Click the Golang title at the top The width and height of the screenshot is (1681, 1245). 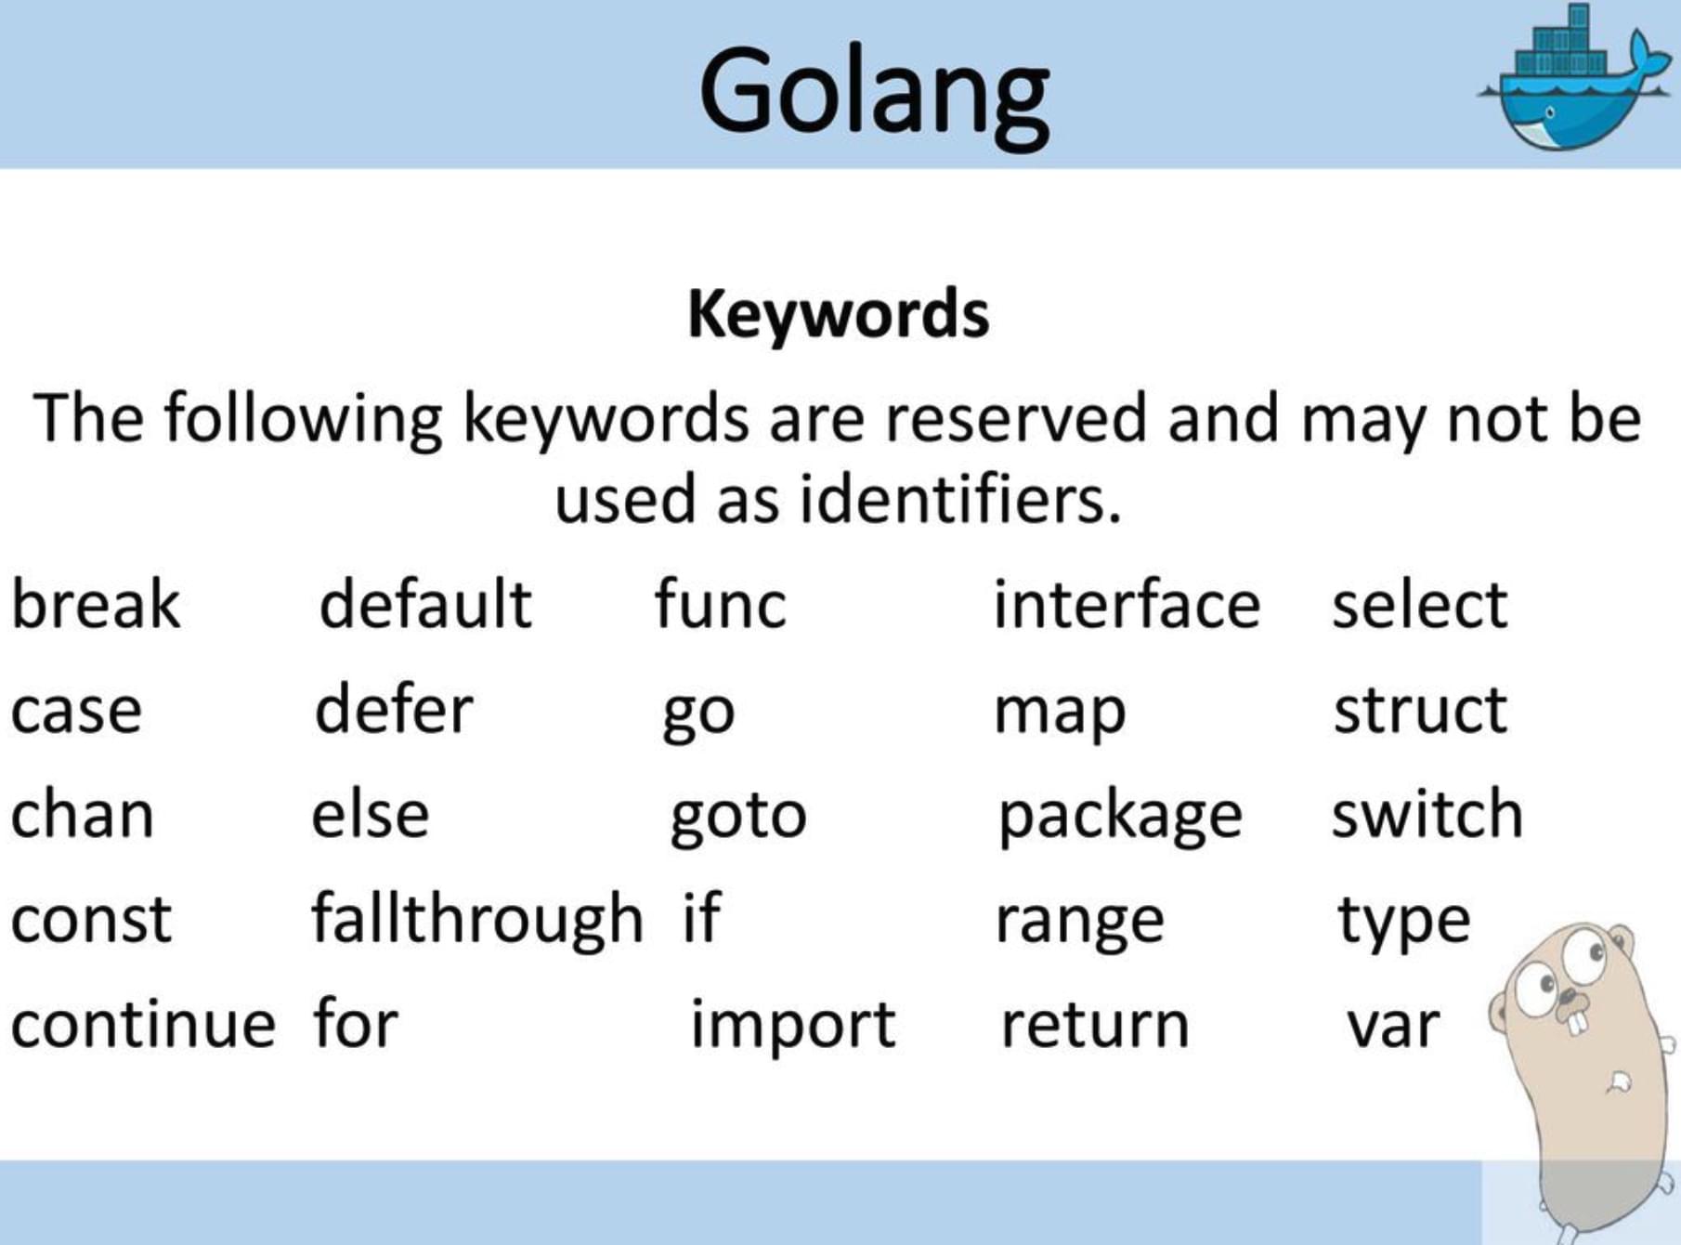(874, 93)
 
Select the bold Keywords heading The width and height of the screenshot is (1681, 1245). (838, 314)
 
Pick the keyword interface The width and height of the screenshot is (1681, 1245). (1126, 605)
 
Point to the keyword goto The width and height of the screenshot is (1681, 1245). (738, 817)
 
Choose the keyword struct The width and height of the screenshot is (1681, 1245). (1420, 710)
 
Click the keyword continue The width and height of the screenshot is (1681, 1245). (143, 1024)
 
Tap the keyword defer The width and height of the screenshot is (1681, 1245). (394, 710)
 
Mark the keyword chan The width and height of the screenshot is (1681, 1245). (82, 815)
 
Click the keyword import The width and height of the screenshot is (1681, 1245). (793, 1026)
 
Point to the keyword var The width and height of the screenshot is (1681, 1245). (1393, 1026)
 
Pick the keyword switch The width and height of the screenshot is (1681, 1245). (1427, 814)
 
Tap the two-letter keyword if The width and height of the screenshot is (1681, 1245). (701, 918)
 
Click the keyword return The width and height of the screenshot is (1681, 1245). (1095, 1025)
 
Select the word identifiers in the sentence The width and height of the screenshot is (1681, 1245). (960, 500)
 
